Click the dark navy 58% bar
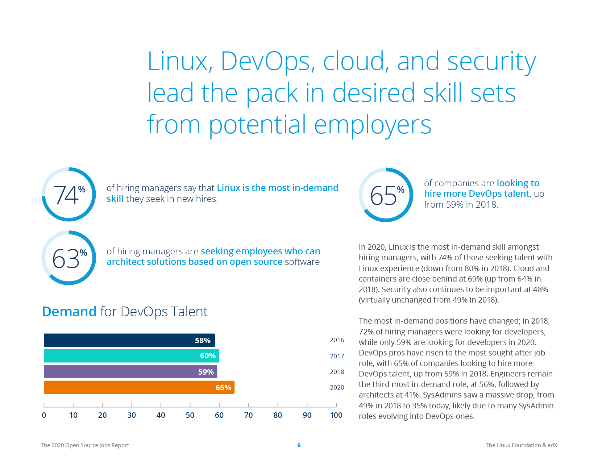click(x=129, y=340)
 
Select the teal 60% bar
click(x=131, y=356)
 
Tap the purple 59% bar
click(x=130, y=372)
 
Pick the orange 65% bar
click(x=139, y=387)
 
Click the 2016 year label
click(x=337, y=340)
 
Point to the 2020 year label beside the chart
click(x=337, y=387)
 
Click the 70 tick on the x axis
click(x=249, y=415)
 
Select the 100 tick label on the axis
click(x=336, y=415)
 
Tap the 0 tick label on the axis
click(x=44, y=415)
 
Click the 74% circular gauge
click(x=69, y=194)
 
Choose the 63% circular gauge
click(x=69, y=258)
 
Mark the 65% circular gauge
click(x=386, y=195)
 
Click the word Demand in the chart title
click(x=69, y=312)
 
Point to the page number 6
click(x=299, y=445)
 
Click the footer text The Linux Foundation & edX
click(x=521, y=445)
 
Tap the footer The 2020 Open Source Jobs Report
click(x=85, y=445)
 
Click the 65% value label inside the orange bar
click(x=223, y=388)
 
